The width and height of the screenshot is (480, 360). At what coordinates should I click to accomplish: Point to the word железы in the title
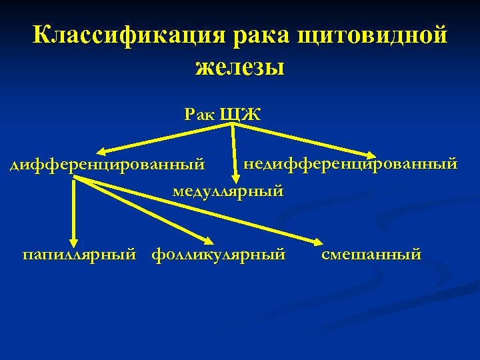(x=240, y=67)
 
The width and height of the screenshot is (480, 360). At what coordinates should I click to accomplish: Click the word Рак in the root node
(x=199, y=113)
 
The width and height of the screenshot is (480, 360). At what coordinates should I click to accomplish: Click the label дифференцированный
(x=107, y=164)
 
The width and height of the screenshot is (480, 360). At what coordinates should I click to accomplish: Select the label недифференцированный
(x=351, y=163)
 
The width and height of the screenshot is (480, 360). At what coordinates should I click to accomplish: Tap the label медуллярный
(x=229, y=191)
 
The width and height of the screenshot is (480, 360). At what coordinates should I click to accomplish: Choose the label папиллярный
(x=79, y=254)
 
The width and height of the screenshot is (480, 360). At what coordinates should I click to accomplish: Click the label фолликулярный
(x=219, y=254)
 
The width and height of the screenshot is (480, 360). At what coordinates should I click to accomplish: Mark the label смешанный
(x=371, y=254)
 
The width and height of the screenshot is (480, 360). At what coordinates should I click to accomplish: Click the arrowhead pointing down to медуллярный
(x=234, y=177)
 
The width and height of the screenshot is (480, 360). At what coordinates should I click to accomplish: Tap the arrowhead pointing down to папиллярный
(x=74, y=241)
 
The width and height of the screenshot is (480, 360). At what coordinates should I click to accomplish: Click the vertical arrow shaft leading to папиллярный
(x=74, y=210)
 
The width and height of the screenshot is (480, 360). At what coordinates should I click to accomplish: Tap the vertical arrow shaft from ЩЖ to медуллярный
(x=234, y=150)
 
